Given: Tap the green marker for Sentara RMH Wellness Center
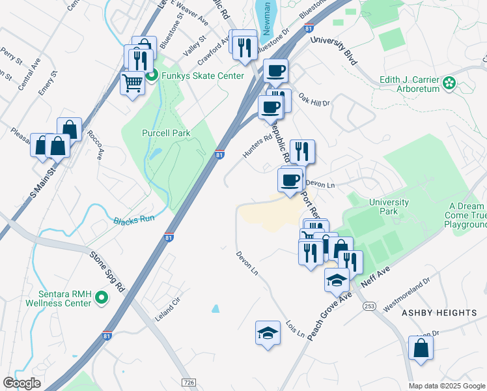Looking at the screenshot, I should coord(102,298).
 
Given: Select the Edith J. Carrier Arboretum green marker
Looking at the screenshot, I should coord(449,83).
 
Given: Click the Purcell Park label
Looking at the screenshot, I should coord(166,133).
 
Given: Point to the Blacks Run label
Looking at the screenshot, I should coord(134,220).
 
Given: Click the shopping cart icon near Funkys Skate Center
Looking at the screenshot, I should coord(133,83).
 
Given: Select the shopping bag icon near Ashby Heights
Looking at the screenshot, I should coord(421,347).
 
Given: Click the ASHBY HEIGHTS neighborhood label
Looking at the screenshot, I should coord(439,313).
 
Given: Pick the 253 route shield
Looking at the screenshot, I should coord(370,305).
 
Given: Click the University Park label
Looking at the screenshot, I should coord(389,207).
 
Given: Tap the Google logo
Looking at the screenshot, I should coord(21,383).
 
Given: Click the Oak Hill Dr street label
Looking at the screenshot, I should coord(315,100).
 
